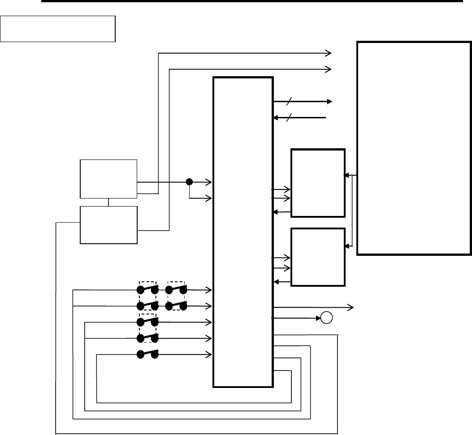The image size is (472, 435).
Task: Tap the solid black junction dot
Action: tap(189, 182)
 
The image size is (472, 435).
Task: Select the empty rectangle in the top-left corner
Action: tap(58, 29)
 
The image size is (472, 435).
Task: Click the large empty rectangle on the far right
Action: tap(413, 148)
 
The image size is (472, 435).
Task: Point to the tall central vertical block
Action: tap(243, 232)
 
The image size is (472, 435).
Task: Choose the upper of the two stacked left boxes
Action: tap(108, 178)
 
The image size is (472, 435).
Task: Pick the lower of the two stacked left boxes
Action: tap(108, 225)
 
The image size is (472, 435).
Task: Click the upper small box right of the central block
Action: tap(318, 183)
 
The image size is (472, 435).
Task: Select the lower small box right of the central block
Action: tap(318, 257)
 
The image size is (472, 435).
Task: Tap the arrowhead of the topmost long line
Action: tap(329, 53)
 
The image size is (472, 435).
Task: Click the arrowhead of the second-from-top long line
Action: tap(329, 69)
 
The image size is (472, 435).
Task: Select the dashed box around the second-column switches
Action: tap(176, 298)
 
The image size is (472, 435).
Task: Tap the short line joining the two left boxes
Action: tap(108, 202)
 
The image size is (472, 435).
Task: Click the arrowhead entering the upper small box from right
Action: tap(345, 175)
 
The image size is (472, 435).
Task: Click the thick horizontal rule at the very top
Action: tap(251, 1)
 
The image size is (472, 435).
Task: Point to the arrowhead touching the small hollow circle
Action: tap(319, 318)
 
